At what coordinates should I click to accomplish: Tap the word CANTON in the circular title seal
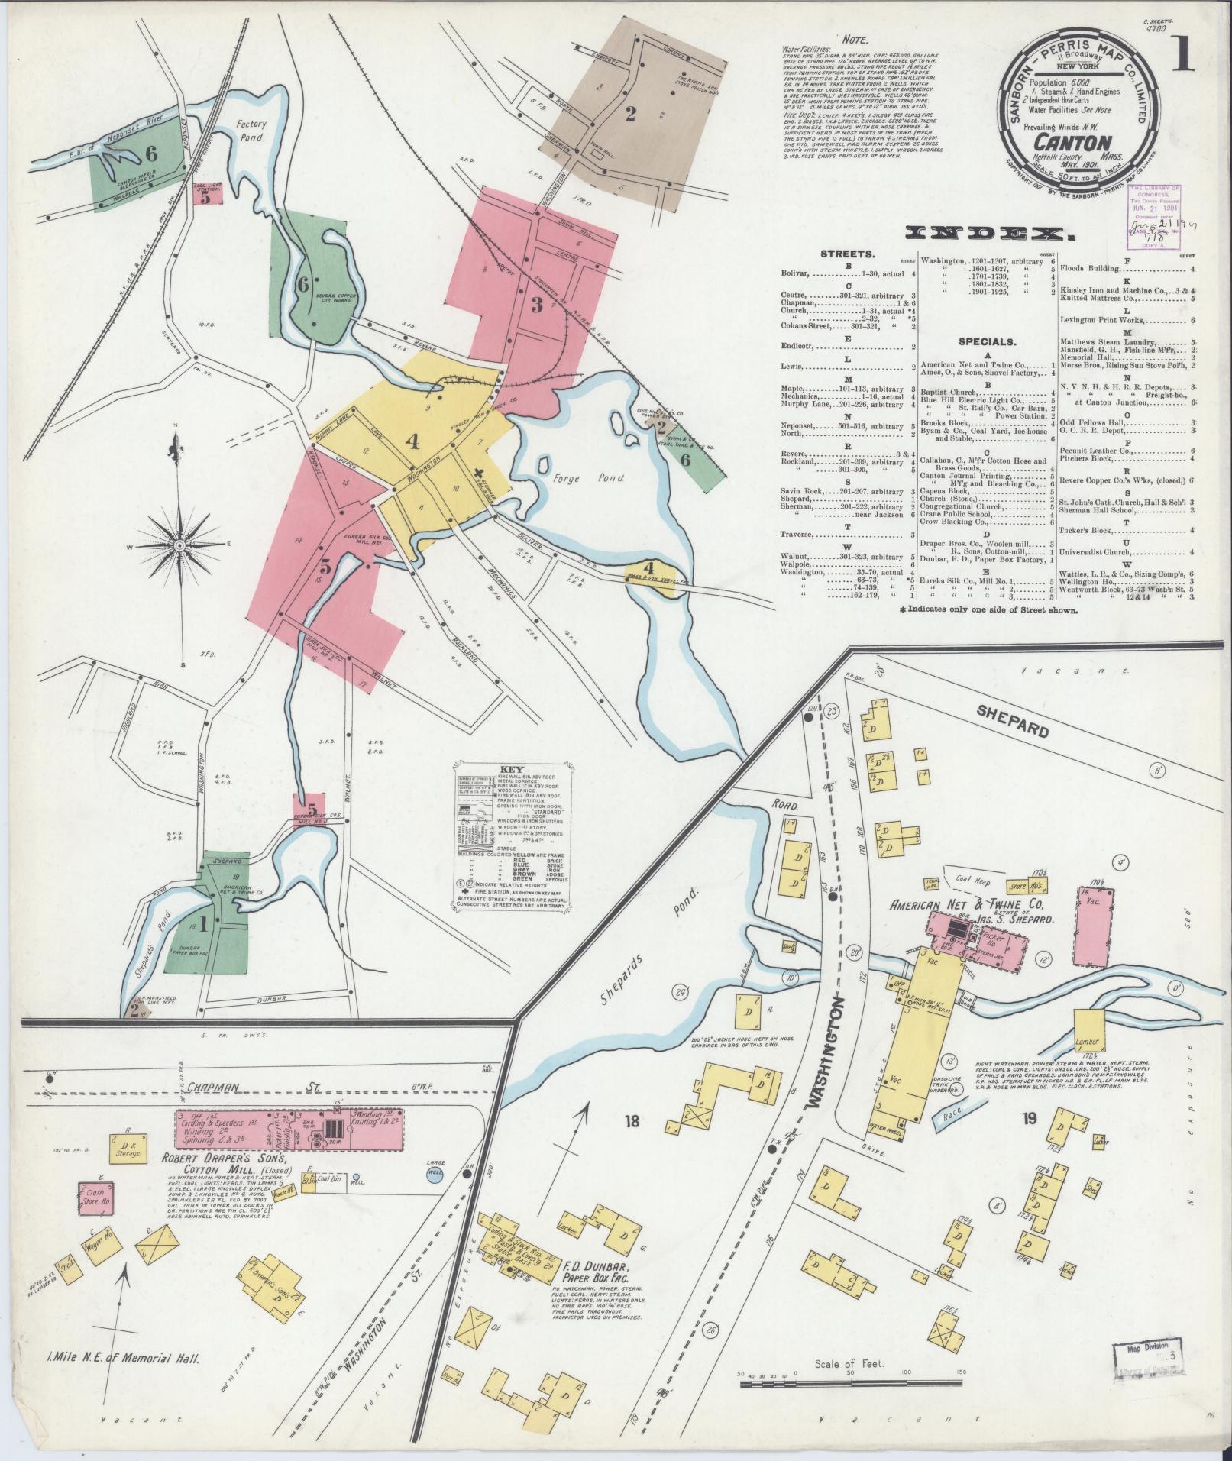tap(1062, 142)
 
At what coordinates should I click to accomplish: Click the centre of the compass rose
tap(178, 545)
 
